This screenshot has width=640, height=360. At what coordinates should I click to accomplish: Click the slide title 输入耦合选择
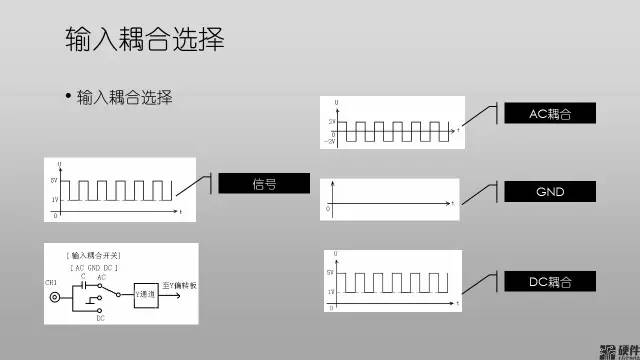pos(144,40)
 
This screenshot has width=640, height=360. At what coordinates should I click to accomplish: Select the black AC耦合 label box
pos(549,114)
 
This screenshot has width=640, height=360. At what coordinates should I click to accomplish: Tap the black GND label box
pos(549,190)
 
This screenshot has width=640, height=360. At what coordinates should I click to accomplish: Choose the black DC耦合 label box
pos(549,283)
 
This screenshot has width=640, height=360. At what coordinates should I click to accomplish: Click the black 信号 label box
pos(264,184)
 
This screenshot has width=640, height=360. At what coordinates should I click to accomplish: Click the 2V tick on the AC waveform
pos(332,121)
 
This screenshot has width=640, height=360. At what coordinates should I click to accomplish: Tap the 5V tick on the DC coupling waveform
pos(331,271)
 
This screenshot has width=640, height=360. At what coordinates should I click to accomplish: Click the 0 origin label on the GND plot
pos(328,210)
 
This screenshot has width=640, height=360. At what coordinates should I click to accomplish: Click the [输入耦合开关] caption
pos(94,257)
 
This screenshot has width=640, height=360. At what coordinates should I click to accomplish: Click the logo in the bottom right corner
pos(618,350)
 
